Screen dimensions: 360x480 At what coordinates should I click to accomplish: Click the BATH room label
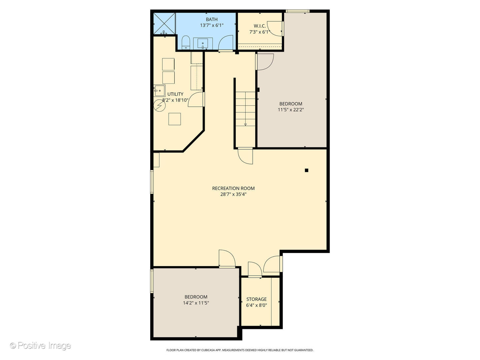tap(212, 20)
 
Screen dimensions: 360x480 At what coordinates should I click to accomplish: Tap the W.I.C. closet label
tap(260, 26)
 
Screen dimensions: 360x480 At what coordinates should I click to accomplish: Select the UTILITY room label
tap(175, 94)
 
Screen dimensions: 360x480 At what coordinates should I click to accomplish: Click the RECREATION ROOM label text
tap(233, 188)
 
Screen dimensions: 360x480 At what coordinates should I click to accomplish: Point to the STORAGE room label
tap(256, 299)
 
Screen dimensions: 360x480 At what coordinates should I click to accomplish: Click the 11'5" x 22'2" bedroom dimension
tap(291, 110)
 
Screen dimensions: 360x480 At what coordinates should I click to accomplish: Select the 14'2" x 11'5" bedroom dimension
tap(196, 303)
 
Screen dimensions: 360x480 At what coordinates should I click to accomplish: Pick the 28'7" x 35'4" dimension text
tap(233, 194)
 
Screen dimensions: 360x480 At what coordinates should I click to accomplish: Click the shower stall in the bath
tap(164, 23)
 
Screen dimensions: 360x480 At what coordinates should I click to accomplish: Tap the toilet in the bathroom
tap(186, 42)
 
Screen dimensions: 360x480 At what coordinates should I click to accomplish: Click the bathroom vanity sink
tap(203, 43)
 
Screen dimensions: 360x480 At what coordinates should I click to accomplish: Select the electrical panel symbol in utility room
tap(159, 106)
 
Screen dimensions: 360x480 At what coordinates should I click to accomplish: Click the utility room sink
tap(159, 90)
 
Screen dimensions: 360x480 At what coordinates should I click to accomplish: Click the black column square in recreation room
tap(307, 170)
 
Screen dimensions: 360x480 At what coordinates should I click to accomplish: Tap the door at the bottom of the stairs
tap(245, 156)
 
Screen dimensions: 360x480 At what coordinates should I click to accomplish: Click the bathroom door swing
tap(226, 43)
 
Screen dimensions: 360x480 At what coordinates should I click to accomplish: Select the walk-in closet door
tap(276, 28)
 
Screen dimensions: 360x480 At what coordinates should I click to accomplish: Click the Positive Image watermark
tap(40, 346)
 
